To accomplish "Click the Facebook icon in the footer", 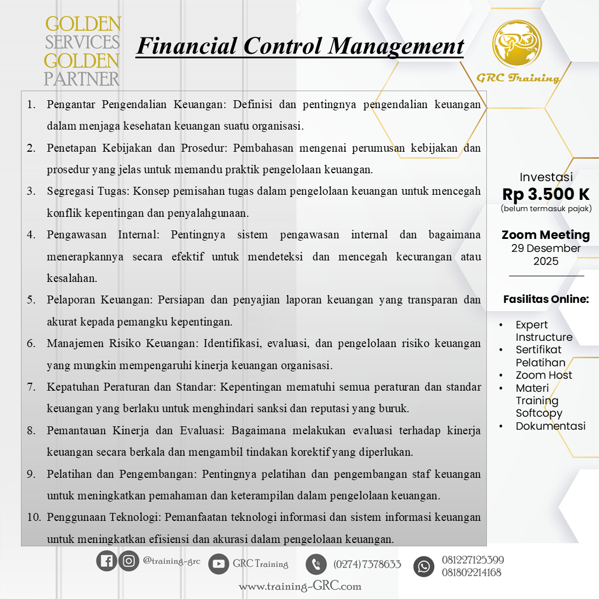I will tap(106, 561).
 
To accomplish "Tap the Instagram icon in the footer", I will tap(129, 561).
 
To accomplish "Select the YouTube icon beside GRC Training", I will tap(219, 564).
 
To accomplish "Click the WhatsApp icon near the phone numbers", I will tap(423, 566).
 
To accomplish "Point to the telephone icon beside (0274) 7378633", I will tap(316, 564).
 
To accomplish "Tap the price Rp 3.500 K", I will tap(546, 194).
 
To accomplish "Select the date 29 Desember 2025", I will tap(546, 255).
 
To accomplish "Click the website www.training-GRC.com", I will tap(299, 587).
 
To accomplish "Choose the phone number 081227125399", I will tap(473, 560).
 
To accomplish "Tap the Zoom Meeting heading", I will tap(546, 235).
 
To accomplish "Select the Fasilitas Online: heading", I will tap(546, 299).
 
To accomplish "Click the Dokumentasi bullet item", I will tap(550, 426).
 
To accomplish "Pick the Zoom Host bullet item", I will tap(544, 375).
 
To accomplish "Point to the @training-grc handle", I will tap(172, 561).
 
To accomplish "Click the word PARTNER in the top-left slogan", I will tap(82, 78).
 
